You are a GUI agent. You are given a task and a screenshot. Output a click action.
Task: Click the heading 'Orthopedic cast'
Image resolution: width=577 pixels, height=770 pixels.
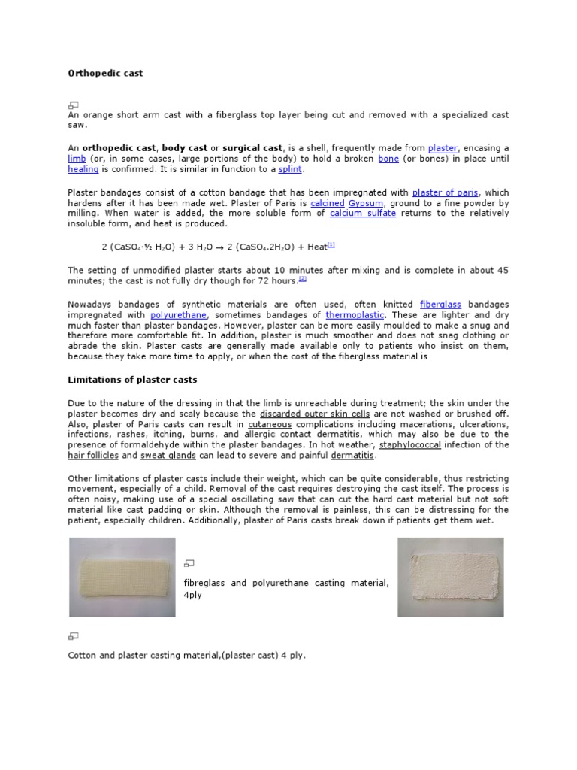[105, 74]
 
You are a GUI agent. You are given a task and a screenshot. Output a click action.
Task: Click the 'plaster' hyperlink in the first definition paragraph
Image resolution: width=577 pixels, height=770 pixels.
[442, 148]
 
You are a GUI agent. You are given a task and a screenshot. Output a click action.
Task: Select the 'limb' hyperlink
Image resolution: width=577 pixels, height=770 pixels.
[77, 159]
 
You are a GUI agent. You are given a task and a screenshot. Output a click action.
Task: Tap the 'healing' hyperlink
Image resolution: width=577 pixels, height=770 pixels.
[83, 169]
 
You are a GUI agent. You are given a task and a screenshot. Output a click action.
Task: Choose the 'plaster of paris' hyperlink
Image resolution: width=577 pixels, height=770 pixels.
[446, 192]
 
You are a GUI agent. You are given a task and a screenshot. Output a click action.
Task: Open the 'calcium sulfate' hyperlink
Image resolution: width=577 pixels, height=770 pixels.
[362, 214]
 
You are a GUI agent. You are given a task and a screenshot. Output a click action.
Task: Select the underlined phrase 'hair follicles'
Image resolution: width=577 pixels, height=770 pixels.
[92, 456]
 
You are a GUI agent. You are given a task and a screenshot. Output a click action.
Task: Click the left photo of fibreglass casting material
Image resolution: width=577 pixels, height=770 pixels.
[122, 577]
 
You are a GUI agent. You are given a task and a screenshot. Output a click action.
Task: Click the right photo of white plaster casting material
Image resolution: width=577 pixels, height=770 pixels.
[451, 577]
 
